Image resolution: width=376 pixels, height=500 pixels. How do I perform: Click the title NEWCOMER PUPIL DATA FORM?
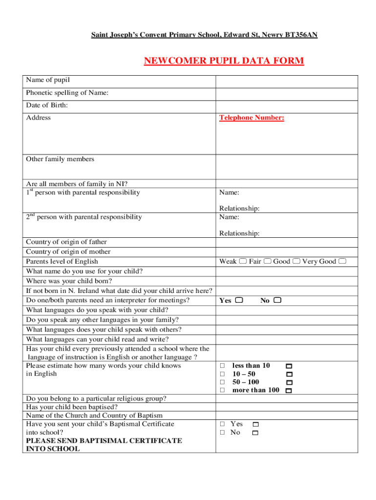point(224,61)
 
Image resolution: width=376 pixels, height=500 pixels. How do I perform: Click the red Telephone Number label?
point(251,118)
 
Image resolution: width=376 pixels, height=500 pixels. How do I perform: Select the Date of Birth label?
point(47,105)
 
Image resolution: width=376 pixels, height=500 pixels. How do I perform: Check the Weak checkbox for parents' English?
point(243,261)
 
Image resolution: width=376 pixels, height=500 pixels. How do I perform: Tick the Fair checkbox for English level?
point(267,261)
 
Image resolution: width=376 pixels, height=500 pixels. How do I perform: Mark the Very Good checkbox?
point(342,261)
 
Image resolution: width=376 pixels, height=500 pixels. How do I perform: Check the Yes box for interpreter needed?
point(239,300)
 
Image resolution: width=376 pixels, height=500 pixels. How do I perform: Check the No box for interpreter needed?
point(277,300)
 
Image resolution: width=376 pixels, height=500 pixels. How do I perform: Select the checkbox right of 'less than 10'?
point(289,366)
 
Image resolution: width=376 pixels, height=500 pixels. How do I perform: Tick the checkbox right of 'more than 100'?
point(289,391)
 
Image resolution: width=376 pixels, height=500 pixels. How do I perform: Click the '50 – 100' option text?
point(246,382)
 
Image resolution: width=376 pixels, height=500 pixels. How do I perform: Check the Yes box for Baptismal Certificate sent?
point(255,425)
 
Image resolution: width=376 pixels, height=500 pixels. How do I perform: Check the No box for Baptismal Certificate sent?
point(255,433)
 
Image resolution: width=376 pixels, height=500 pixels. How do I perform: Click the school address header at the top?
point(205,35)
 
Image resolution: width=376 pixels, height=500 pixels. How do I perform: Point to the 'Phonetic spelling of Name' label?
point(67,93)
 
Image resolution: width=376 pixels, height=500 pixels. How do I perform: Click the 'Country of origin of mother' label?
point(68,251)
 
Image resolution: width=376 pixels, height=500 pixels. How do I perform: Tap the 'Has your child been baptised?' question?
point(72,407)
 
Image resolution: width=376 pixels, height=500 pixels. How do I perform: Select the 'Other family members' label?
point(60,159)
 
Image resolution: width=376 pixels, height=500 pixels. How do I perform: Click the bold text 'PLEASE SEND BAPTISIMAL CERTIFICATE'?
point(104,440)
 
